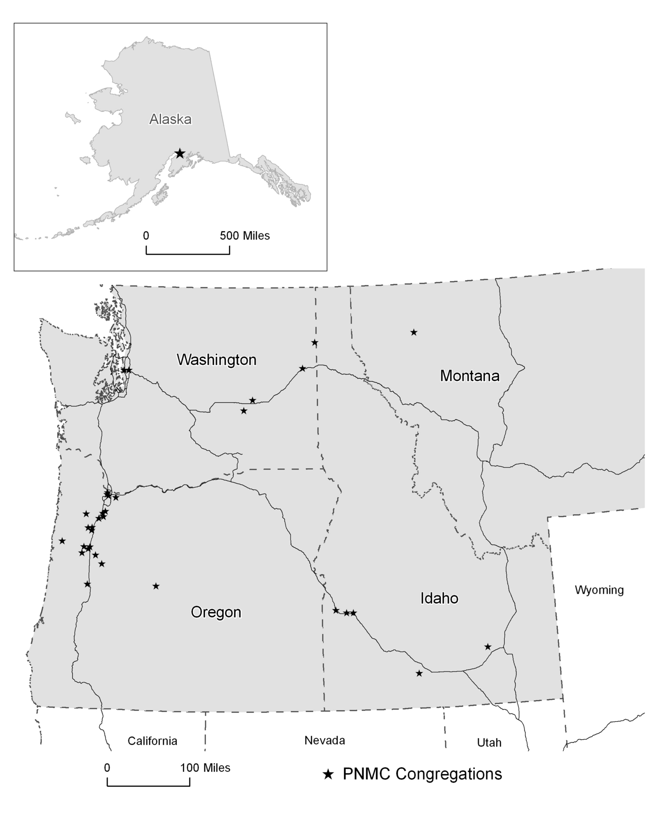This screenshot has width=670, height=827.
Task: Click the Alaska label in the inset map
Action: [x=170, y=119]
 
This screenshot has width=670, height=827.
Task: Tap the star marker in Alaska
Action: [x=180, y=153]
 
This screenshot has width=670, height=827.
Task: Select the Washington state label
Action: [x=216, y=359]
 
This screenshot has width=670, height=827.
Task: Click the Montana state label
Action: [x=469, y=376]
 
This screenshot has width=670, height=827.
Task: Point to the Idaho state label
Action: [x=439, y=598]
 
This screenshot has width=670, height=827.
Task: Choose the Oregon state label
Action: [x=216, y=612]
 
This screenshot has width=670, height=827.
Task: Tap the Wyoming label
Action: [x=599, y=590]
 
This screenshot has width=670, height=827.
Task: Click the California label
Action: [x=152, y=741]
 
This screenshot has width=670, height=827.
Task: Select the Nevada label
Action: [x=324, y=740]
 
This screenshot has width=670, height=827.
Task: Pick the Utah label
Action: [x=489, y=742]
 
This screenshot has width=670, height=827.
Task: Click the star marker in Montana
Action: [x=414, y=332]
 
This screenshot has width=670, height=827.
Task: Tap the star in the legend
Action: [x=328, y=774]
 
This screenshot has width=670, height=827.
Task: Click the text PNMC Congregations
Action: [x=422, y=774]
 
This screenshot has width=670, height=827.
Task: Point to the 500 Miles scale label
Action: [x=244, y=235]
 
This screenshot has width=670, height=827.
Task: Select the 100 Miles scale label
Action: [x=205, y=768]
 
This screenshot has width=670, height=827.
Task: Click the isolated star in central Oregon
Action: [x=156, y=586]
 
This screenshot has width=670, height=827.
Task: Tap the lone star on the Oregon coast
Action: [x=62, y=541]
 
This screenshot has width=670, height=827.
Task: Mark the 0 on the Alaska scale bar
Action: [x=146, y=235]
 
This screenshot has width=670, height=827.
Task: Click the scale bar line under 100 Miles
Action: [x=148, y=786]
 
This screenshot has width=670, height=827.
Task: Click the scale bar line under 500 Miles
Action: [x=188, y=254]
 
